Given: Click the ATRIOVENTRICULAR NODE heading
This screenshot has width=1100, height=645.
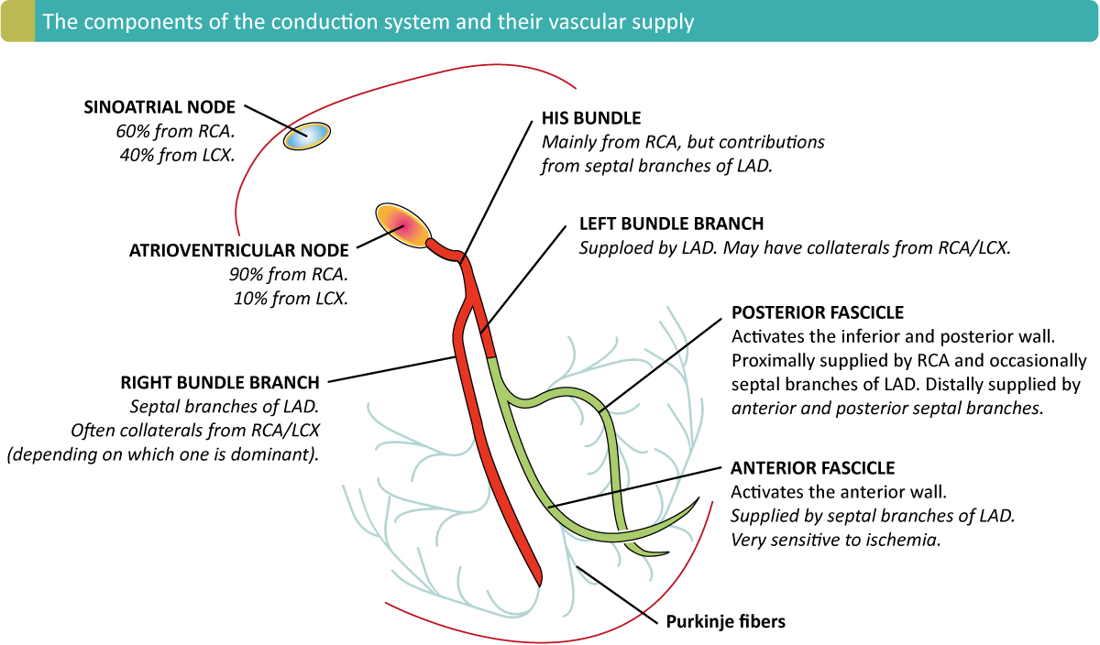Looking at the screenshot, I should point(239,250).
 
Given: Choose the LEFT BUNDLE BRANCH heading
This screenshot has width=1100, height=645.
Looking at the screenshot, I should point(672,224).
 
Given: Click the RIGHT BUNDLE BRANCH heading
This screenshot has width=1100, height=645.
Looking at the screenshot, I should point(220,382).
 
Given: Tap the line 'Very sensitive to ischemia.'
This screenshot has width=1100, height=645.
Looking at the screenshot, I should point(836,540).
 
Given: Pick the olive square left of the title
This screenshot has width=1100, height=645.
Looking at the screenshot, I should point(16,21).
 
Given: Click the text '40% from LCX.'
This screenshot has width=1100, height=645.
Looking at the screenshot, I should point(177,155).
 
